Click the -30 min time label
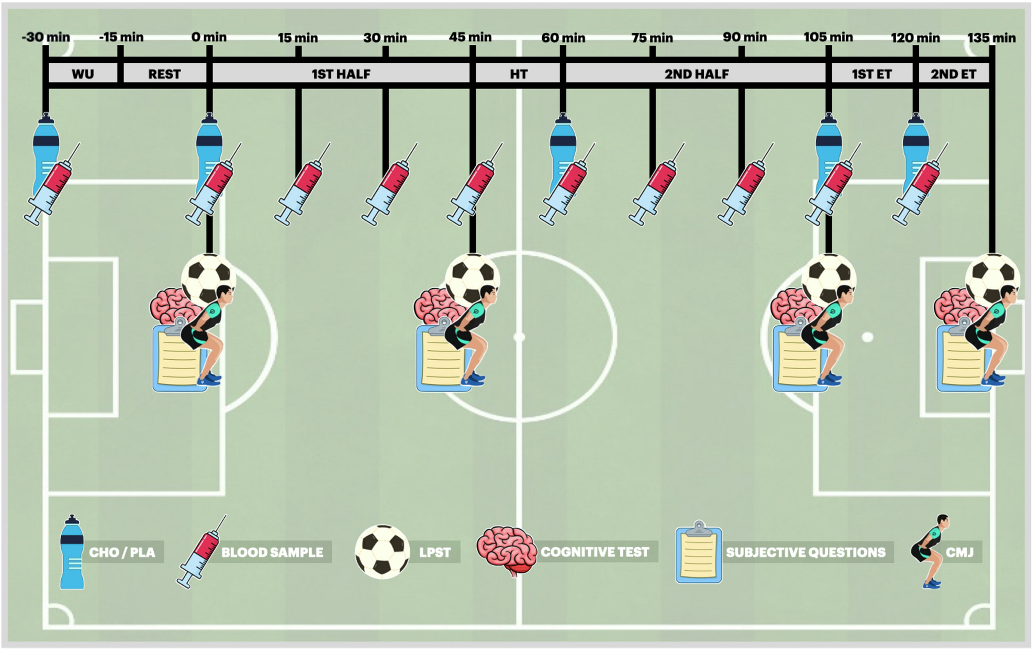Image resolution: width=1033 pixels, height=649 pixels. pyautogui.click(x=46, y=37)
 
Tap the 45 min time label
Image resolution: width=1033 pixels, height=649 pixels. pyautogui.click(x=470, y=37)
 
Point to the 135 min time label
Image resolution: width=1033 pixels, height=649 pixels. pyautogui.click(x=991, y=38)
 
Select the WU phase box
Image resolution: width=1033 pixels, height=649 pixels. pyautogui.click(x=83, y=74)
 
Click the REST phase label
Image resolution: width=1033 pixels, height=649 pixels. pyautogui.click(x=165, y=74)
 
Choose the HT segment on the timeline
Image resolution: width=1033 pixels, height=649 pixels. pyautogui.click(x=519, y=74)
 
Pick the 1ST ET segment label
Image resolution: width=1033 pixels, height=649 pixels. pyautogui.click(x=871, y=74)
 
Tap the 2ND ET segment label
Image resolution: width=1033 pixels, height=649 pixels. pyautogui.click(x=953, y=74)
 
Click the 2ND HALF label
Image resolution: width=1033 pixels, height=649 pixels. pyautogui.click(x=697, y=74)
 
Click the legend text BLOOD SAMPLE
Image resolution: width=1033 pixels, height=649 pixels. pyautogui.click(x=272, y=552)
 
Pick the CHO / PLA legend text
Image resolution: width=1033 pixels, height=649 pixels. pyautogui.click(x=122, y=552)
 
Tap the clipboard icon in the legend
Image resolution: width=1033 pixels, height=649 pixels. pyautogui.click(x=699, y=552)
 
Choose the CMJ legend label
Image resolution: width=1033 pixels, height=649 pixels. pyautogui.click(x=959, y=552)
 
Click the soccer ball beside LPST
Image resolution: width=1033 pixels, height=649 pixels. pyautogui.click(x=382, y=552)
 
